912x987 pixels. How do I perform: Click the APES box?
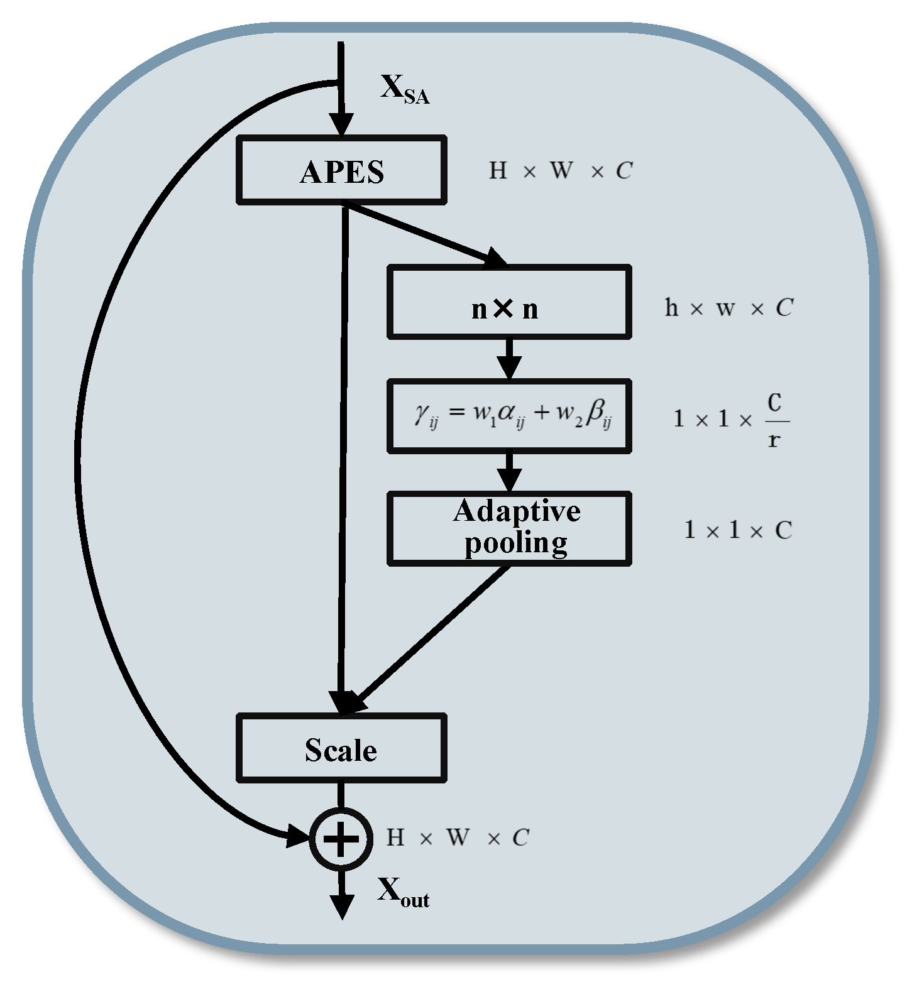(341, 170)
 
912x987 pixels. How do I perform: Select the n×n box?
(508, 302)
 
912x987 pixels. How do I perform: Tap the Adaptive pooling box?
(508, 528)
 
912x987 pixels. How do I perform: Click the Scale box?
(341, 748)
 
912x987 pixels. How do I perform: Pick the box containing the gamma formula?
(508, 415)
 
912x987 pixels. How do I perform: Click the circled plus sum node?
(341, 839)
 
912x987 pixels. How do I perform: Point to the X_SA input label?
(404, 90)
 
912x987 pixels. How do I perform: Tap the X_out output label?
(403, 893)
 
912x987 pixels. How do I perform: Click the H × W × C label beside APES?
(560, 171)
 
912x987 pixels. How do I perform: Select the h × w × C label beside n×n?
(728, 308)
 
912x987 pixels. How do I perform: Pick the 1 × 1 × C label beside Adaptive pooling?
(737, 531)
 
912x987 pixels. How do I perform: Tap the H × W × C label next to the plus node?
(457, 838)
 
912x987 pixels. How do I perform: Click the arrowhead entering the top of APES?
(341, 125)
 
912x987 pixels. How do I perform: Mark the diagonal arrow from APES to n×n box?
(427, 233)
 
